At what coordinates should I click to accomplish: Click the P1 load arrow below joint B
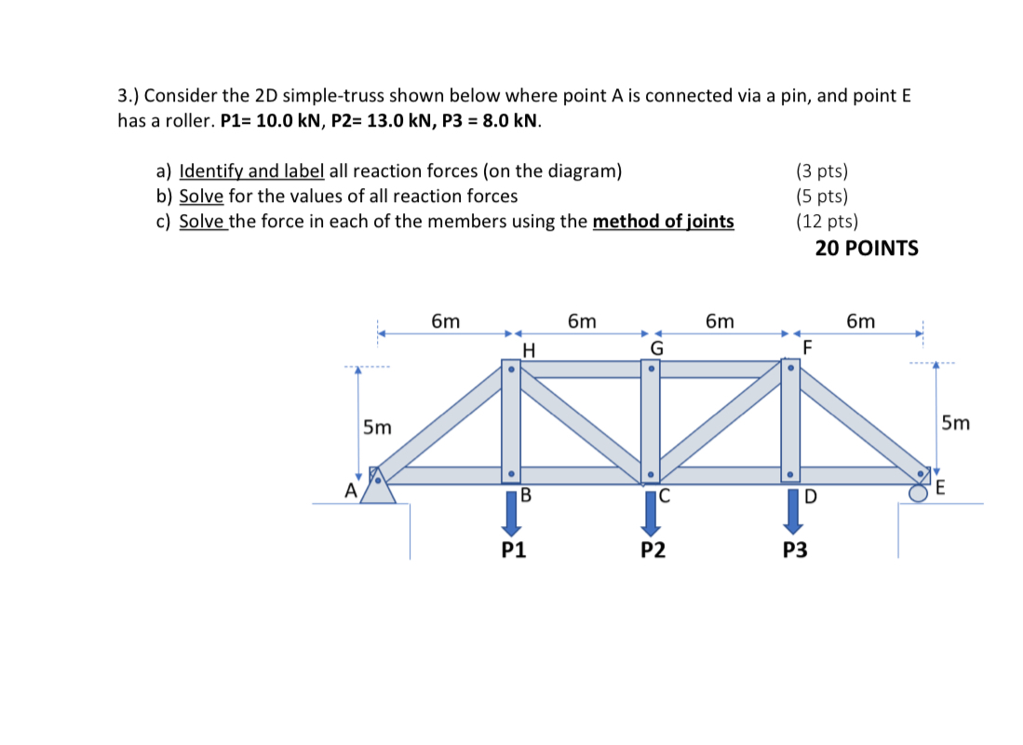[x=511, y=513]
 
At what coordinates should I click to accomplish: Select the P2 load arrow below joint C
[x=651, y=513]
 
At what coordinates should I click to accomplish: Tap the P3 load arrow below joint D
[x=790, y=513]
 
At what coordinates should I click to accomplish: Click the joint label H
[x=529, y=350]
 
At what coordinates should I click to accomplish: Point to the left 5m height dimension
[x=377, y=427]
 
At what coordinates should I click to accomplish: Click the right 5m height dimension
[x=955, y=424]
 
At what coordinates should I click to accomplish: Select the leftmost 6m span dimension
[x=445, y=321]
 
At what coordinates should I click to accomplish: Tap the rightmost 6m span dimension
[x=860, y=321]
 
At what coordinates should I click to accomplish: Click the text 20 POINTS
[x=866, y=248]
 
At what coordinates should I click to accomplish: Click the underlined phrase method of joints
[x=663, y=222]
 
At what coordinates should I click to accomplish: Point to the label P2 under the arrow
[x=653, y=550]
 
